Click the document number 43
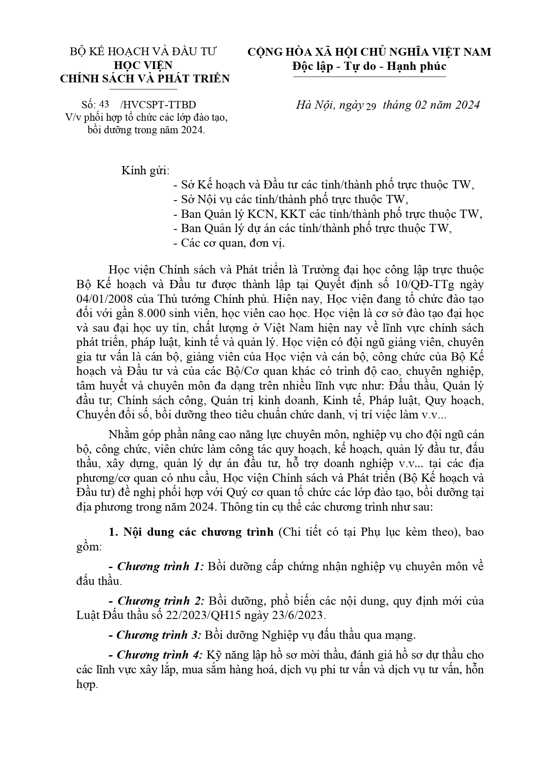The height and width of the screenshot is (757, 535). [104, 105]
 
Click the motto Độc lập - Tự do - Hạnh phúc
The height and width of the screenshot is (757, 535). [369, 66]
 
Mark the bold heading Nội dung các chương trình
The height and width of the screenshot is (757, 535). [198, 531]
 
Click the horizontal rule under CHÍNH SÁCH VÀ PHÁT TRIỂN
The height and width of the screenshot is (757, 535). [144, 89]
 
